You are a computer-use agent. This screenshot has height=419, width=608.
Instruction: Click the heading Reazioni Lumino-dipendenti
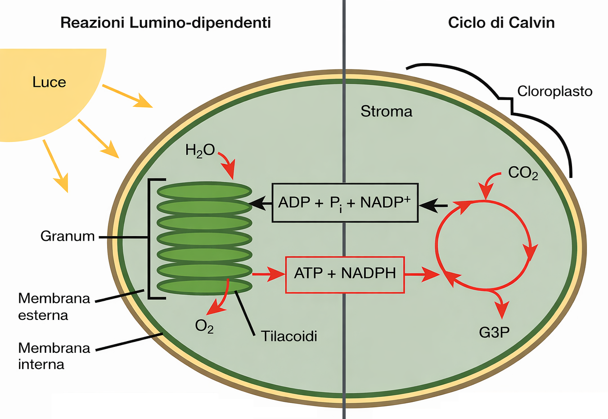(166, 23)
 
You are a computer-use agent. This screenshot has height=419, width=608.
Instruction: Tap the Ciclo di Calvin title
(501, 23)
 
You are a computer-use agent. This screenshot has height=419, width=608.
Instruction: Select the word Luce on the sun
(49, 82)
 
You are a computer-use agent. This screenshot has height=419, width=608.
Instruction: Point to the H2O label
(200, 150)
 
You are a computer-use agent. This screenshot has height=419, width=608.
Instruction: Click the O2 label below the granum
(204, 326)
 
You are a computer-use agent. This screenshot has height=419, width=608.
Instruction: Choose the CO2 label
(522, 173)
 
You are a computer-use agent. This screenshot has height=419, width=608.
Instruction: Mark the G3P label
(494, 332)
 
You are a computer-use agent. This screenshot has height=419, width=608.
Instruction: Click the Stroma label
(386, 111)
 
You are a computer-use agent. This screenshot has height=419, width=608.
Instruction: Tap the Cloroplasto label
(554, 91)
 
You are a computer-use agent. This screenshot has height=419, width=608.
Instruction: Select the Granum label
(68, 236)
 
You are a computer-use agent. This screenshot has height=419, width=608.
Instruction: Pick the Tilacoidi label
(289, 336)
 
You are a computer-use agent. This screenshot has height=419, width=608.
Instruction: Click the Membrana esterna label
(54, 306)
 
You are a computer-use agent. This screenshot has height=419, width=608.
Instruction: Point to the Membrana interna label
(54, 356)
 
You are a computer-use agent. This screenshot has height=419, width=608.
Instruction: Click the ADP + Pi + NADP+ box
(345, 203)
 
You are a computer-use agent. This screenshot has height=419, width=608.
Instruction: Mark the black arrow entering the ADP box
(433, 205)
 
